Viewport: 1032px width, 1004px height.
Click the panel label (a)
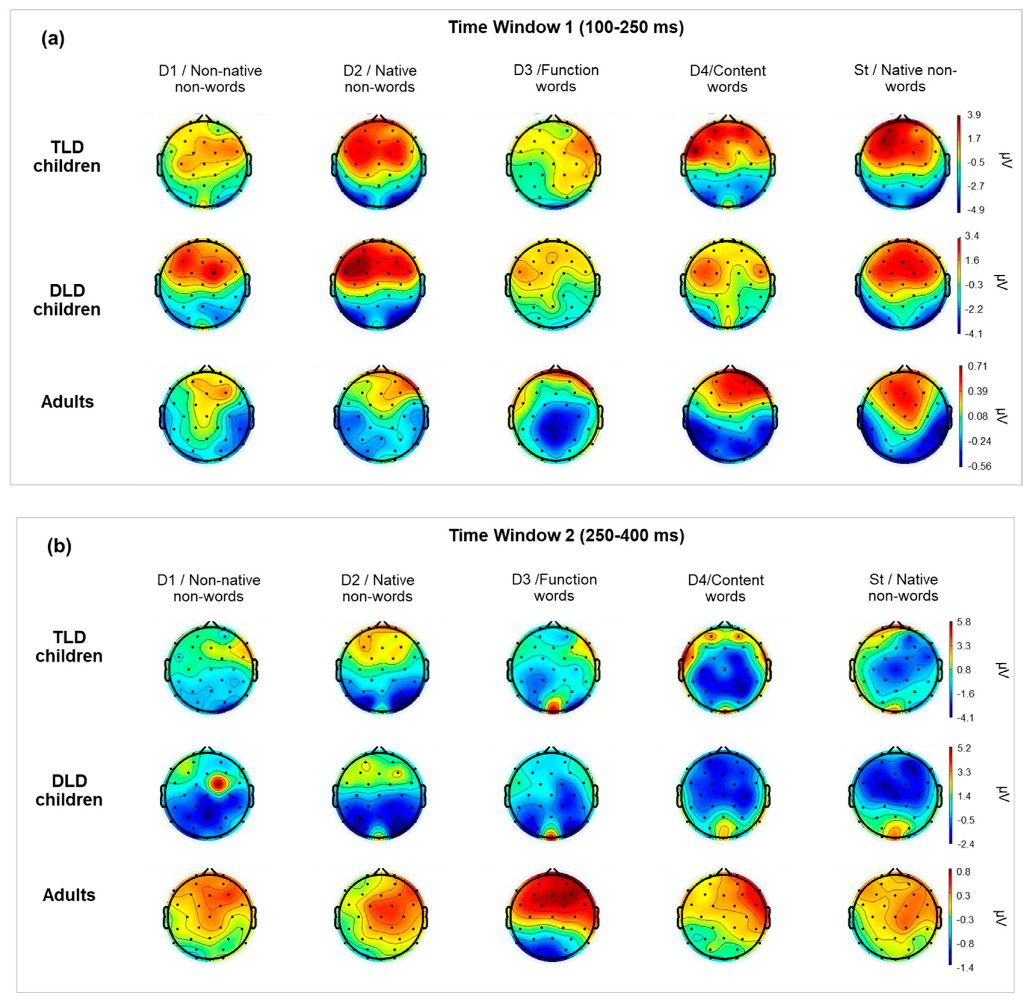(53, 38)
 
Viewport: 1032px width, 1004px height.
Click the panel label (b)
(59, 546)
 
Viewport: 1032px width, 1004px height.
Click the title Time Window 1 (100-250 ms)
(566, 27)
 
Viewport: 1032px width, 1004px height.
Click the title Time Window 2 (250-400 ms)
(566, 535)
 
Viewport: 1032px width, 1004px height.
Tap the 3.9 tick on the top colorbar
(974, 115)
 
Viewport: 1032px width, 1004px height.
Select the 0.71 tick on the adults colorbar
(977, 366)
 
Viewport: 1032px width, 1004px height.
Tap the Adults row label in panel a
(67, 402)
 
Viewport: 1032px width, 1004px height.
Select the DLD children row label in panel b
(69, 790)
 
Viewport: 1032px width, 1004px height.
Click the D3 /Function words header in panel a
(556, 78)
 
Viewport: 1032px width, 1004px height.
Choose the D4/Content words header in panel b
(725, 588)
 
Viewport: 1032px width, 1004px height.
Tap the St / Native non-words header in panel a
(905, 78)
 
